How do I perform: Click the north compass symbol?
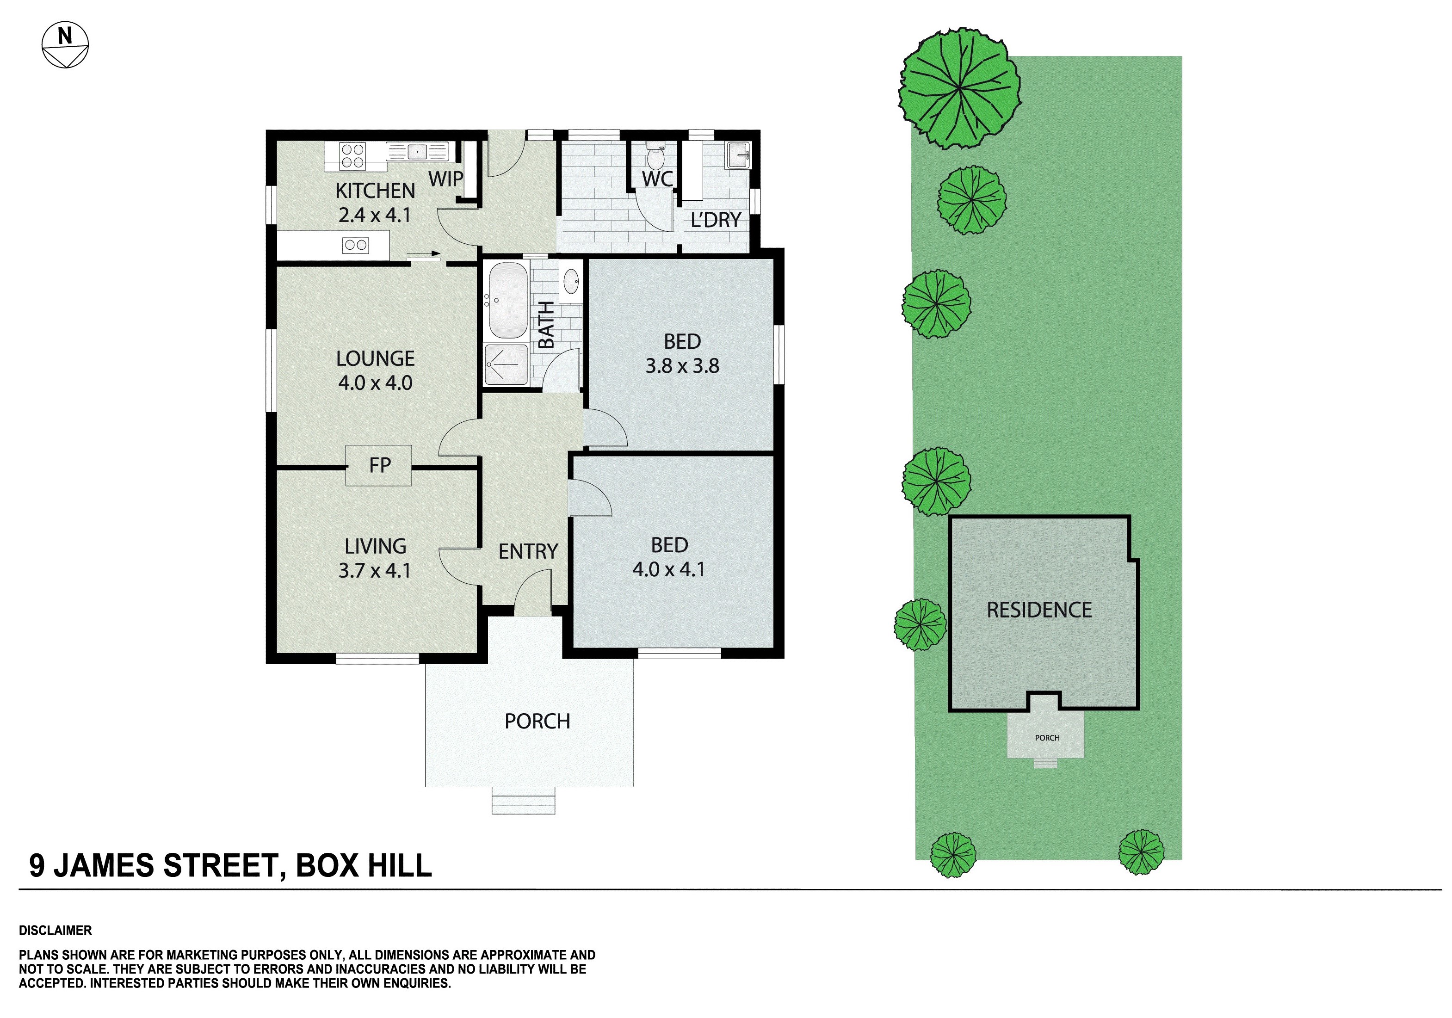coord(65,45)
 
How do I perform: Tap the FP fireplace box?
coord(379,465)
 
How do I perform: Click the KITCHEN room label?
coord(375,190)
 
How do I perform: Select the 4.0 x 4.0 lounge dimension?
coord(375,383)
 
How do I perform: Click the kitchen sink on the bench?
coord(417,152)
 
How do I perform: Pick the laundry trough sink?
coord(738,155)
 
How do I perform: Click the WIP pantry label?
coord(446,179)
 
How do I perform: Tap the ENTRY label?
coord(528,551)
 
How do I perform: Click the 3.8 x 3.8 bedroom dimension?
coord(682,365)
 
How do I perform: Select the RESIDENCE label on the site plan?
coord(1039,610)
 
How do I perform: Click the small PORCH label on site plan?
coord(1047,738)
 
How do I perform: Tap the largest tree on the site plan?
coord(959,88)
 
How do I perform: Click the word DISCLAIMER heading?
coord(56,930)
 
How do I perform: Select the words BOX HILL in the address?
coord(364,866)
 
